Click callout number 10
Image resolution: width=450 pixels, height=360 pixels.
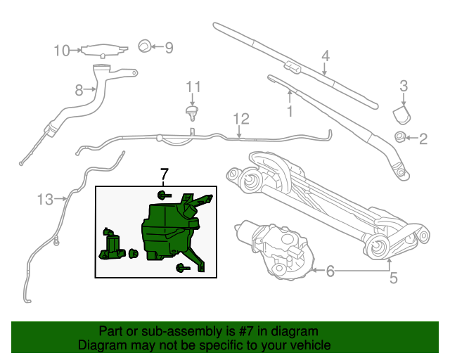pos(62,50)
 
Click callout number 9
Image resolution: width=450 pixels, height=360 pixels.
pos(169,48)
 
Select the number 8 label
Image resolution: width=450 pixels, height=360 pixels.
pos(79,89)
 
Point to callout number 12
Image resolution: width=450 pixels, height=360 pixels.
pos(240,118)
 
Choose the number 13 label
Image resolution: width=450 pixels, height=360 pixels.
pos(45,200)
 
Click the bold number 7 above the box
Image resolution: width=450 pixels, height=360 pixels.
pos(165,174)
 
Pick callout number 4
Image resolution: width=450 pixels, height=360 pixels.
pos(326,56)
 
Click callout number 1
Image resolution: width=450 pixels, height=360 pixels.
pos(288,111)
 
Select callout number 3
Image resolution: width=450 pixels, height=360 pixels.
pos(404,86)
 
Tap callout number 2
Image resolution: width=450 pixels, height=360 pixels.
pos(423,139)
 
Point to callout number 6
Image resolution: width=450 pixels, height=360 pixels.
pos(330,271)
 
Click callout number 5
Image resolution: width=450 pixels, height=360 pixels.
pos(393,278)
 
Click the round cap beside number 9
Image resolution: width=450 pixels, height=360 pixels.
pos(143,47)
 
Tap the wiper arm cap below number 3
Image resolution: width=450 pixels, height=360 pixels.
pos(401,114)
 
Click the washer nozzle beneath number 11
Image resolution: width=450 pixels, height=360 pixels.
pos(190,111)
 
